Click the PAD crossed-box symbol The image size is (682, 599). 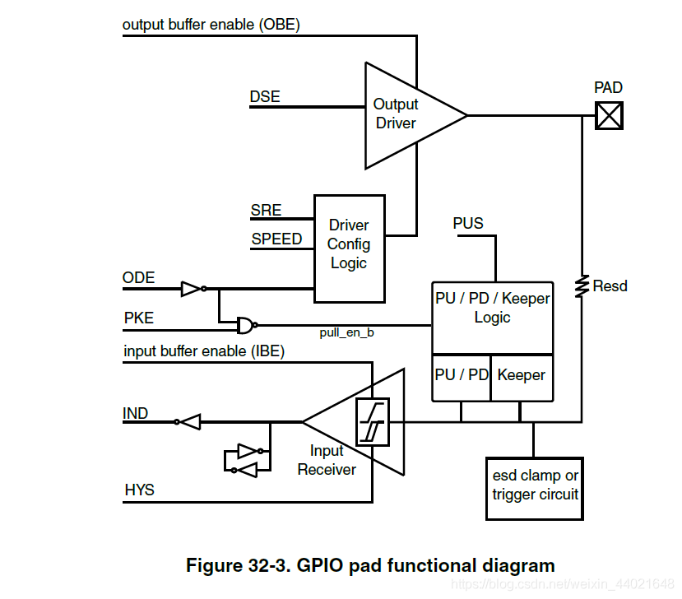pos(609,115)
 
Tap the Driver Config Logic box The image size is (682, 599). pos(349,244)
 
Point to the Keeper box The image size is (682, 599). pos(522,375)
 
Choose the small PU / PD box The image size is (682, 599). pos(462,375)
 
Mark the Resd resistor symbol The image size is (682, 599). pos(582,286)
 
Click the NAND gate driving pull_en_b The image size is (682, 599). pos(245,325)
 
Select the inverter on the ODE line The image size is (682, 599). pos(192,289)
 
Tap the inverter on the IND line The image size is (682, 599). pos(188,422)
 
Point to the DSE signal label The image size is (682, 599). pos(265,97)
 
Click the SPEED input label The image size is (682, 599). pos(276,239)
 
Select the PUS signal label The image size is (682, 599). pos(468,224)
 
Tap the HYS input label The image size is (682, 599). pos(139,490)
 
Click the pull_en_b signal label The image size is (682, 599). pos(346,332)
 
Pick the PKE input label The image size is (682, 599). pos(138,318)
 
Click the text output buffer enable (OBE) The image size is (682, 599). pos(211,25)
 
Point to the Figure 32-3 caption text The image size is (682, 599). pos(370,565)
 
